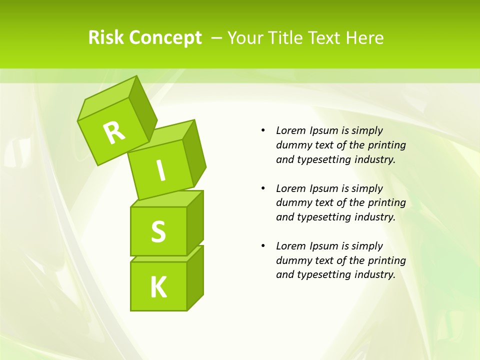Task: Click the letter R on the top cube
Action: (x=114, y=132)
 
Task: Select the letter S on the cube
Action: (x=158, y=232)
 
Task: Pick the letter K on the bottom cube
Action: (x=158, y=287)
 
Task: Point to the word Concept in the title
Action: (x=165, y=37)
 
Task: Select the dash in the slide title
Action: (x=217, y=37)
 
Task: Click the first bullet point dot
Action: (x=263, y=130)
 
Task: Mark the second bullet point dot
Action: (x=263, y=188)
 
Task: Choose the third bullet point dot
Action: (x=263, y=246)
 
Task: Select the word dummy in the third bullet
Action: (x=292, y=260)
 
